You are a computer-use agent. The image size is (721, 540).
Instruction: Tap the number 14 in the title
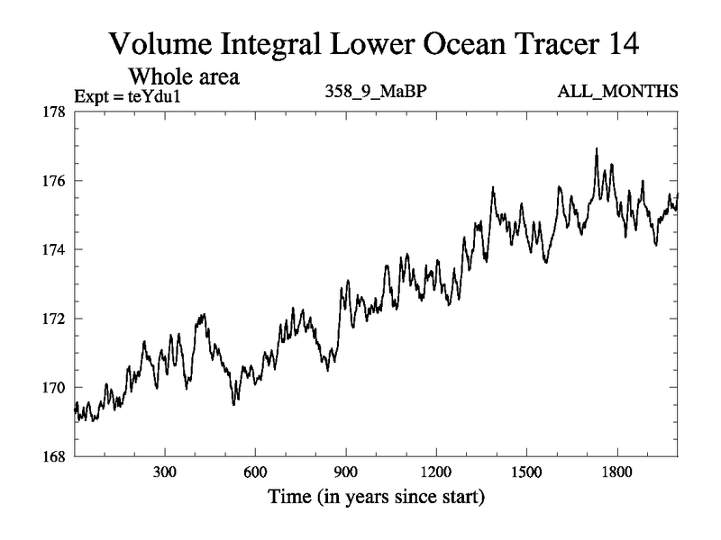point(618,43)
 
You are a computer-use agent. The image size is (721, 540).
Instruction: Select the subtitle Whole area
point(185,76)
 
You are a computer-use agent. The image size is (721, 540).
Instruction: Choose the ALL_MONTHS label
point(618,93)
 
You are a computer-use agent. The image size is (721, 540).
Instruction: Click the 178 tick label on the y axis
point(56,112)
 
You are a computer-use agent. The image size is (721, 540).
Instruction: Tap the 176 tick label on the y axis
point(56,181)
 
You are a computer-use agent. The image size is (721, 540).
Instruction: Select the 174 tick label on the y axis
point(56,249)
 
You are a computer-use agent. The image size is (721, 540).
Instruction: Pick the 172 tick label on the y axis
point(56,319)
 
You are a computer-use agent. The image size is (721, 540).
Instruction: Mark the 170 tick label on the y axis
point(56,388)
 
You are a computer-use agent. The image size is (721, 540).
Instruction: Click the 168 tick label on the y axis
point(56,456)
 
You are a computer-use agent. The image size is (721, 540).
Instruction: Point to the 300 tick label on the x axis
point(165,472)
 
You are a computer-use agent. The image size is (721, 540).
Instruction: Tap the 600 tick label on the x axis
point(255,472)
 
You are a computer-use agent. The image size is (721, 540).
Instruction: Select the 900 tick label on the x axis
point(346,472)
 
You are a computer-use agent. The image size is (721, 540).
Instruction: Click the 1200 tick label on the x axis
point(436,472)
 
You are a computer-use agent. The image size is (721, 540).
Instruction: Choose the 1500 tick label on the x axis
point(526,472)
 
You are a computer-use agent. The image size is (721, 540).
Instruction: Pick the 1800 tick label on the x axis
point(617,472)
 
